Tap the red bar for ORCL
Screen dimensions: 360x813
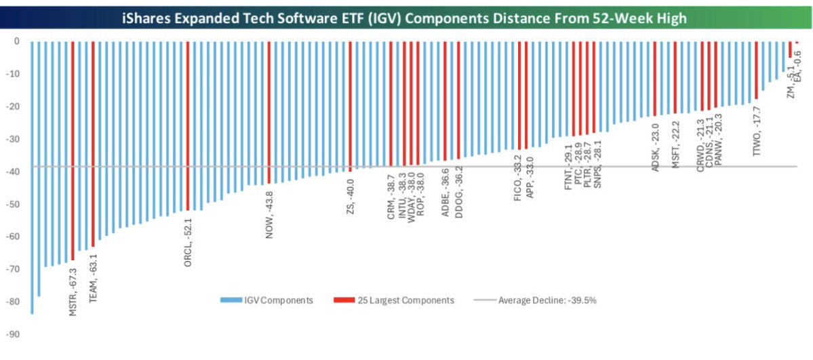point(188,125)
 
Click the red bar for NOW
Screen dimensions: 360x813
point(269,112)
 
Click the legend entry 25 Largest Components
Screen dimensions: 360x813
point(393,300)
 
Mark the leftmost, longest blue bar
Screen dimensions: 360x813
point(32,176)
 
